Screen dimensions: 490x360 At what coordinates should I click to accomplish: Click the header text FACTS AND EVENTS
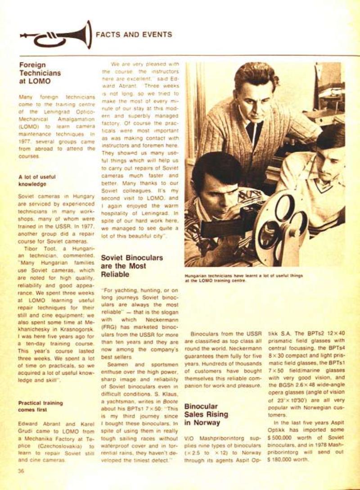[x=134, y=35]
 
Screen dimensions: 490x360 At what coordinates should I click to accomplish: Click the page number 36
[x=21, y=471]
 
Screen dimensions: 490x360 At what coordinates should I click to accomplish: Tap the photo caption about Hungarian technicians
[x=243, y=277]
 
